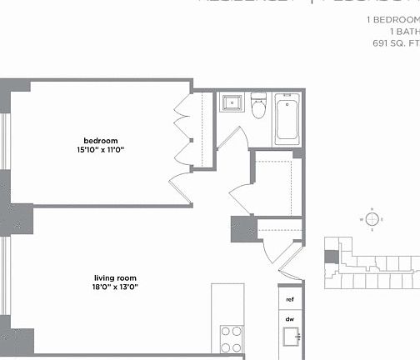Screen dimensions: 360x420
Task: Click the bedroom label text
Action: tap(100, 139)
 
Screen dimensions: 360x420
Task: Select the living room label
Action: tap(116, 277)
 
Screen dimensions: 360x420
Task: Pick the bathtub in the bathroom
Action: tap(287, 118)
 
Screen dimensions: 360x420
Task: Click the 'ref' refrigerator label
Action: tap(290, 299)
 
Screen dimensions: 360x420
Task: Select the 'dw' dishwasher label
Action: tap(290, 319)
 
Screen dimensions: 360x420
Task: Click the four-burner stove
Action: tap(231, 339)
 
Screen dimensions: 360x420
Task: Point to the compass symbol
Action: tap(372, 219)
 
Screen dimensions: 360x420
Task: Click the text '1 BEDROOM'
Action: tap(392, 19)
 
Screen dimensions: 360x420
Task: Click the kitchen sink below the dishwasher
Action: tap(291, 338)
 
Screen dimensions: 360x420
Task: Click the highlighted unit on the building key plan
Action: tap(332, 257)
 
